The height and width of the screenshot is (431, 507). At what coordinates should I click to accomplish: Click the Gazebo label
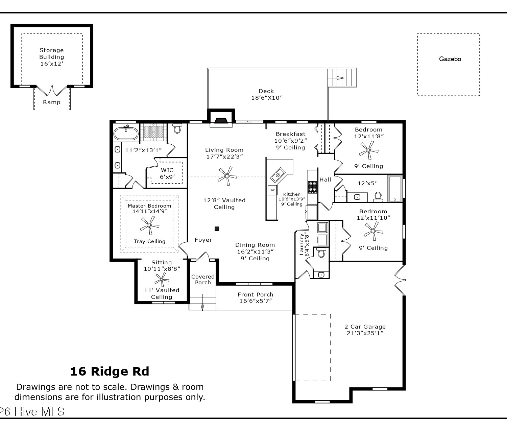click(x=450, y=59)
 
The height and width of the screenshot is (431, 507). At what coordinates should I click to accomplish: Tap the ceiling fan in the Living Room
click(x=227, y=176)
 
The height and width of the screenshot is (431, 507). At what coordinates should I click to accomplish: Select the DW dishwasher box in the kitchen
click(x=272, y=190)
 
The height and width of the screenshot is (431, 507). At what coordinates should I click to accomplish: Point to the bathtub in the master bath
click(x=126, y=133)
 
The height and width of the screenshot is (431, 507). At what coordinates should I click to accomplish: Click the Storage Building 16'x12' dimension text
click(x=52, y=64)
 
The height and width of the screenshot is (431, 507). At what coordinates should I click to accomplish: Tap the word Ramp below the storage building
click(x=51, y=102)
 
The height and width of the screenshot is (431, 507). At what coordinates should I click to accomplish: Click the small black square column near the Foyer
click(x=217, y=229)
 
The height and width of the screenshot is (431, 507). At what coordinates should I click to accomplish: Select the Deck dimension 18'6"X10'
click(x=266, y=98)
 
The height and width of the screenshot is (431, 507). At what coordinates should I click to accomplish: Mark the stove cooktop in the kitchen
click(x=313, y=187)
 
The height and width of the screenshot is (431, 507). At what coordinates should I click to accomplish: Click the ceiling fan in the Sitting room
click(x=162, y=280)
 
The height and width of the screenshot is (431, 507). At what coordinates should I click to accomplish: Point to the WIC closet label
click(x=167, y=170)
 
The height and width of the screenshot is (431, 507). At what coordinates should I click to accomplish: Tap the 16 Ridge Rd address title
click(x=110, y=372)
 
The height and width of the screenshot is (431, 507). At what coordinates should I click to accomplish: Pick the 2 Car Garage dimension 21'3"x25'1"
click(x=365, y=333)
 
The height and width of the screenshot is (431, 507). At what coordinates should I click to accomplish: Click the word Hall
click(x=325, y=180)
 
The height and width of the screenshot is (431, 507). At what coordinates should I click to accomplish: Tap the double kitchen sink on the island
click(x=277, y=175)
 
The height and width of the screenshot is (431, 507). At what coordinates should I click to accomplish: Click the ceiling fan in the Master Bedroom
click(x=149, y=225)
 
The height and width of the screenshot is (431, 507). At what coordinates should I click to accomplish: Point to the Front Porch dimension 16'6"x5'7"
click(x=256, y=301)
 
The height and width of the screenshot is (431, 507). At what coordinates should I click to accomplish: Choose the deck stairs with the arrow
click(x=342, y=78)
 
